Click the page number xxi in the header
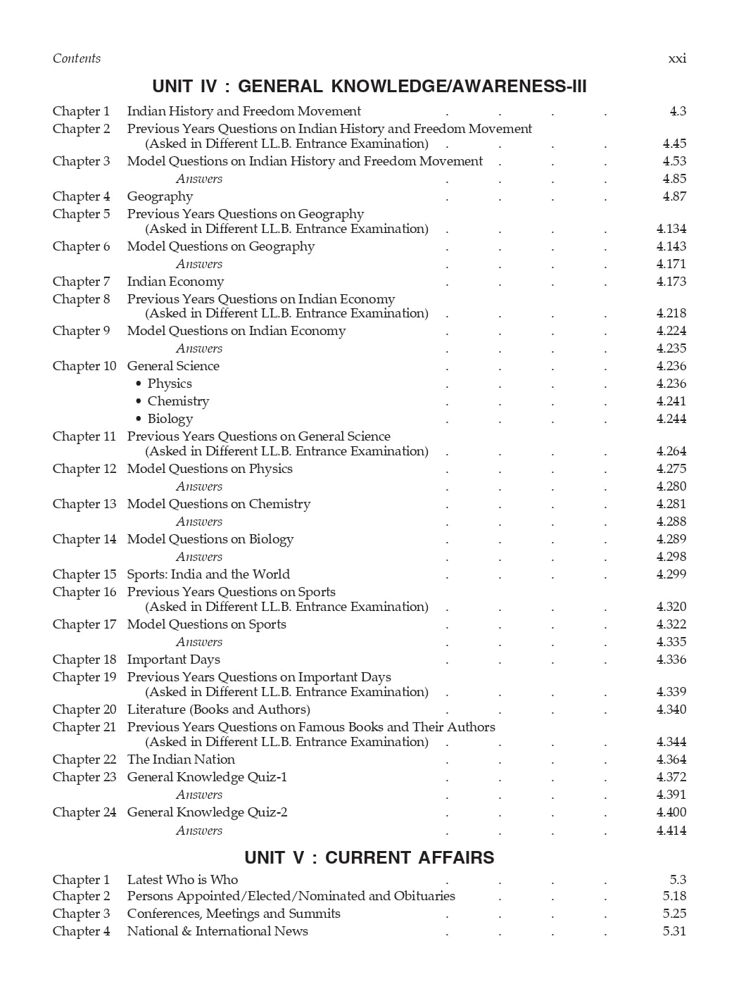click(x=677, y=58)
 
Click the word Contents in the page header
click(x=77, y=58)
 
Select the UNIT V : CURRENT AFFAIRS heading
click(x=369, y=857)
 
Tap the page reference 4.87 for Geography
click(x=674, y=196)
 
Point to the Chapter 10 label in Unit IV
click(x=84, y=366)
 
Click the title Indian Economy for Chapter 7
click(x=175, y=282)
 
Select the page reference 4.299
click(x=671, y=574)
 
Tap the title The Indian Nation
click(x=181, y=759)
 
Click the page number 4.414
click(x=671, y=831)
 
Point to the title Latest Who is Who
click(x=182, y=880)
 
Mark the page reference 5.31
click(x=674, y=931)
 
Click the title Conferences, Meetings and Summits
click(x=234, y=914)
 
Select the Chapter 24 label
click(x=84, y=812)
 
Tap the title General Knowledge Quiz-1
click(x=207, y=777)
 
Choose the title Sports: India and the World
click(x=208, y=574)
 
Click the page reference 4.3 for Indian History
click(x=678, y=111)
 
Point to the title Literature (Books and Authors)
click(x=218, y=709)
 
